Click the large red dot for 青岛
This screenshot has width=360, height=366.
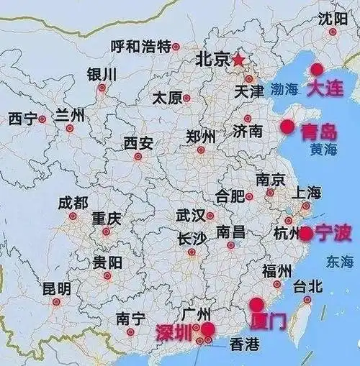click(x=287, y=127)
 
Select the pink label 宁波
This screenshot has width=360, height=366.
click(x=334, y=232)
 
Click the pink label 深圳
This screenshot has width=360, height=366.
click(x=175, y=332)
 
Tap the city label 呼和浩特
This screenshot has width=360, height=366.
click(x=140, y=46)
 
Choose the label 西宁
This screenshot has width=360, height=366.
click(x=22, y=119)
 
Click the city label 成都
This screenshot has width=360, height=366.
click(x=73, y=203)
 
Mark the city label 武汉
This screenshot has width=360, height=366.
click(x=189, y=215)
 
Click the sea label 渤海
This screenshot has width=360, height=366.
click(x=284, y=89)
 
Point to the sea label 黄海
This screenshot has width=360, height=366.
click(x=323, y=150)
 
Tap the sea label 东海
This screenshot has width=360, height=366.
click(x=339, y=260)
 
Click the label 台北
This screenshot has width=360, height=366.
click(x=307, y=286)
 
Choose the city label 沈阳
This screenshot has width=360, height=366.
click(x=332, y=17)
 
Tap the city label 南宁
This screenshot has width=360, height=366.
click(x=130, y=319)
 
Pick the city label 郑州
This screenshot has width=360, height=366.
click(x=200, y=137)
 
